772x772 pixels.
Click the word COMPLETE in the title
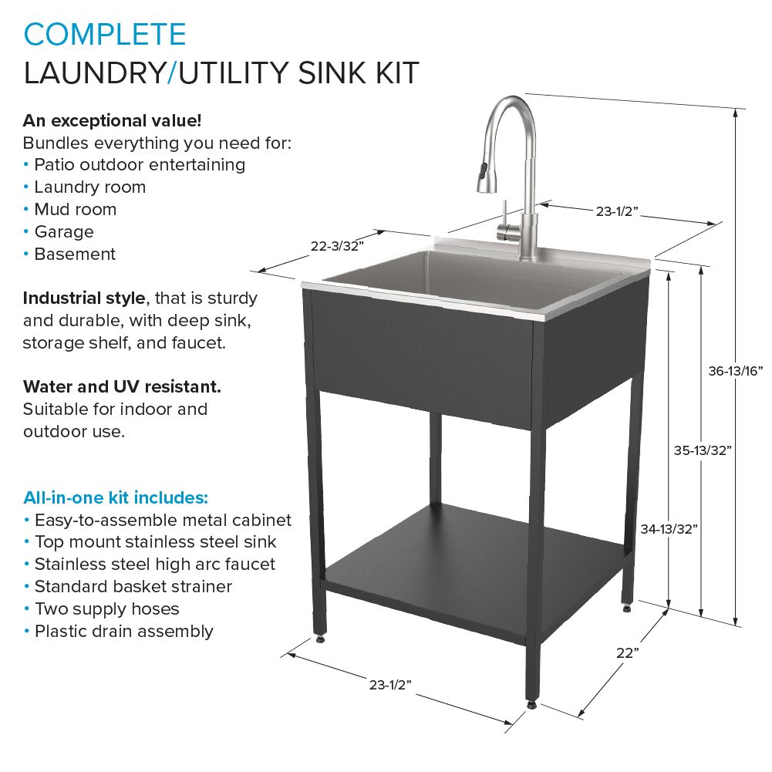(105, 35)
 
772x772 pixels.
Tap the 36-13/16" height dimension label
(736, 371)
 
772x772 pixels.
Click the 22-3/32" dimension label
(337, 246)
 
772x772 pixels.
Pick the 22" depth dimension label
(629, 652)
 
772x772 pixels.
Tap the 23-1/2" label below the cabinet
(390, 684)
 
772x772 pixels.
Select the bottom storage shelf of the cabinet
(470, 563)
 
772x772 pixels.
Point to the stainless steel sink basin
(463, 278)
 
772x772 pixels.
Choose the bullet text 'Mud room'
(75, 210)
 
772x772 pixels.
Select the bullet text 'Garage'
(64, 232)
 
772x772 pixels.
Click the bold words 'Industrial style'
(84, 298)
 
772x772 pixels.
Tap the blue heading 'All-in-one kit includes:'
(115, 496)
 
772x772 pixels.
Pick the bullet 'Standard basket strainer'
(133, 586)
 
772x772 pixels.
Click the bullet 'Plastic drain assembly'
(123, 631)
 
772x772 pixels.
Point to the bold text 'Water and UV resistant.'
(122, 386)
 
